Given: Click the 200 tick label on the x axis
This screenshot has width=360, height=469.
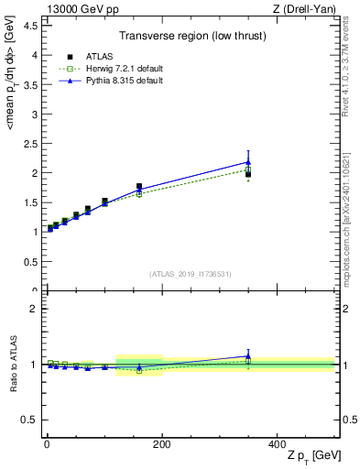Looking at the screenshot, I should (161, 444).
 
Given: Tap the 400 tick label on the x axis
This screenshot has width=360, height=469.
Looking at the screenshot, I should (277, 444).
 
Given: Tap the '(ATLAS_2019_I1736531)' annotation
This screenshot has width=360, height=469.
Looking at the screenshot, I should (190, 274).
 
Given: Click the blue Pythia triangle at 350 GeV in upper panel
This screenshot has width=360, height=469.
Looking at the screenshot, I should (248, 162).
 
